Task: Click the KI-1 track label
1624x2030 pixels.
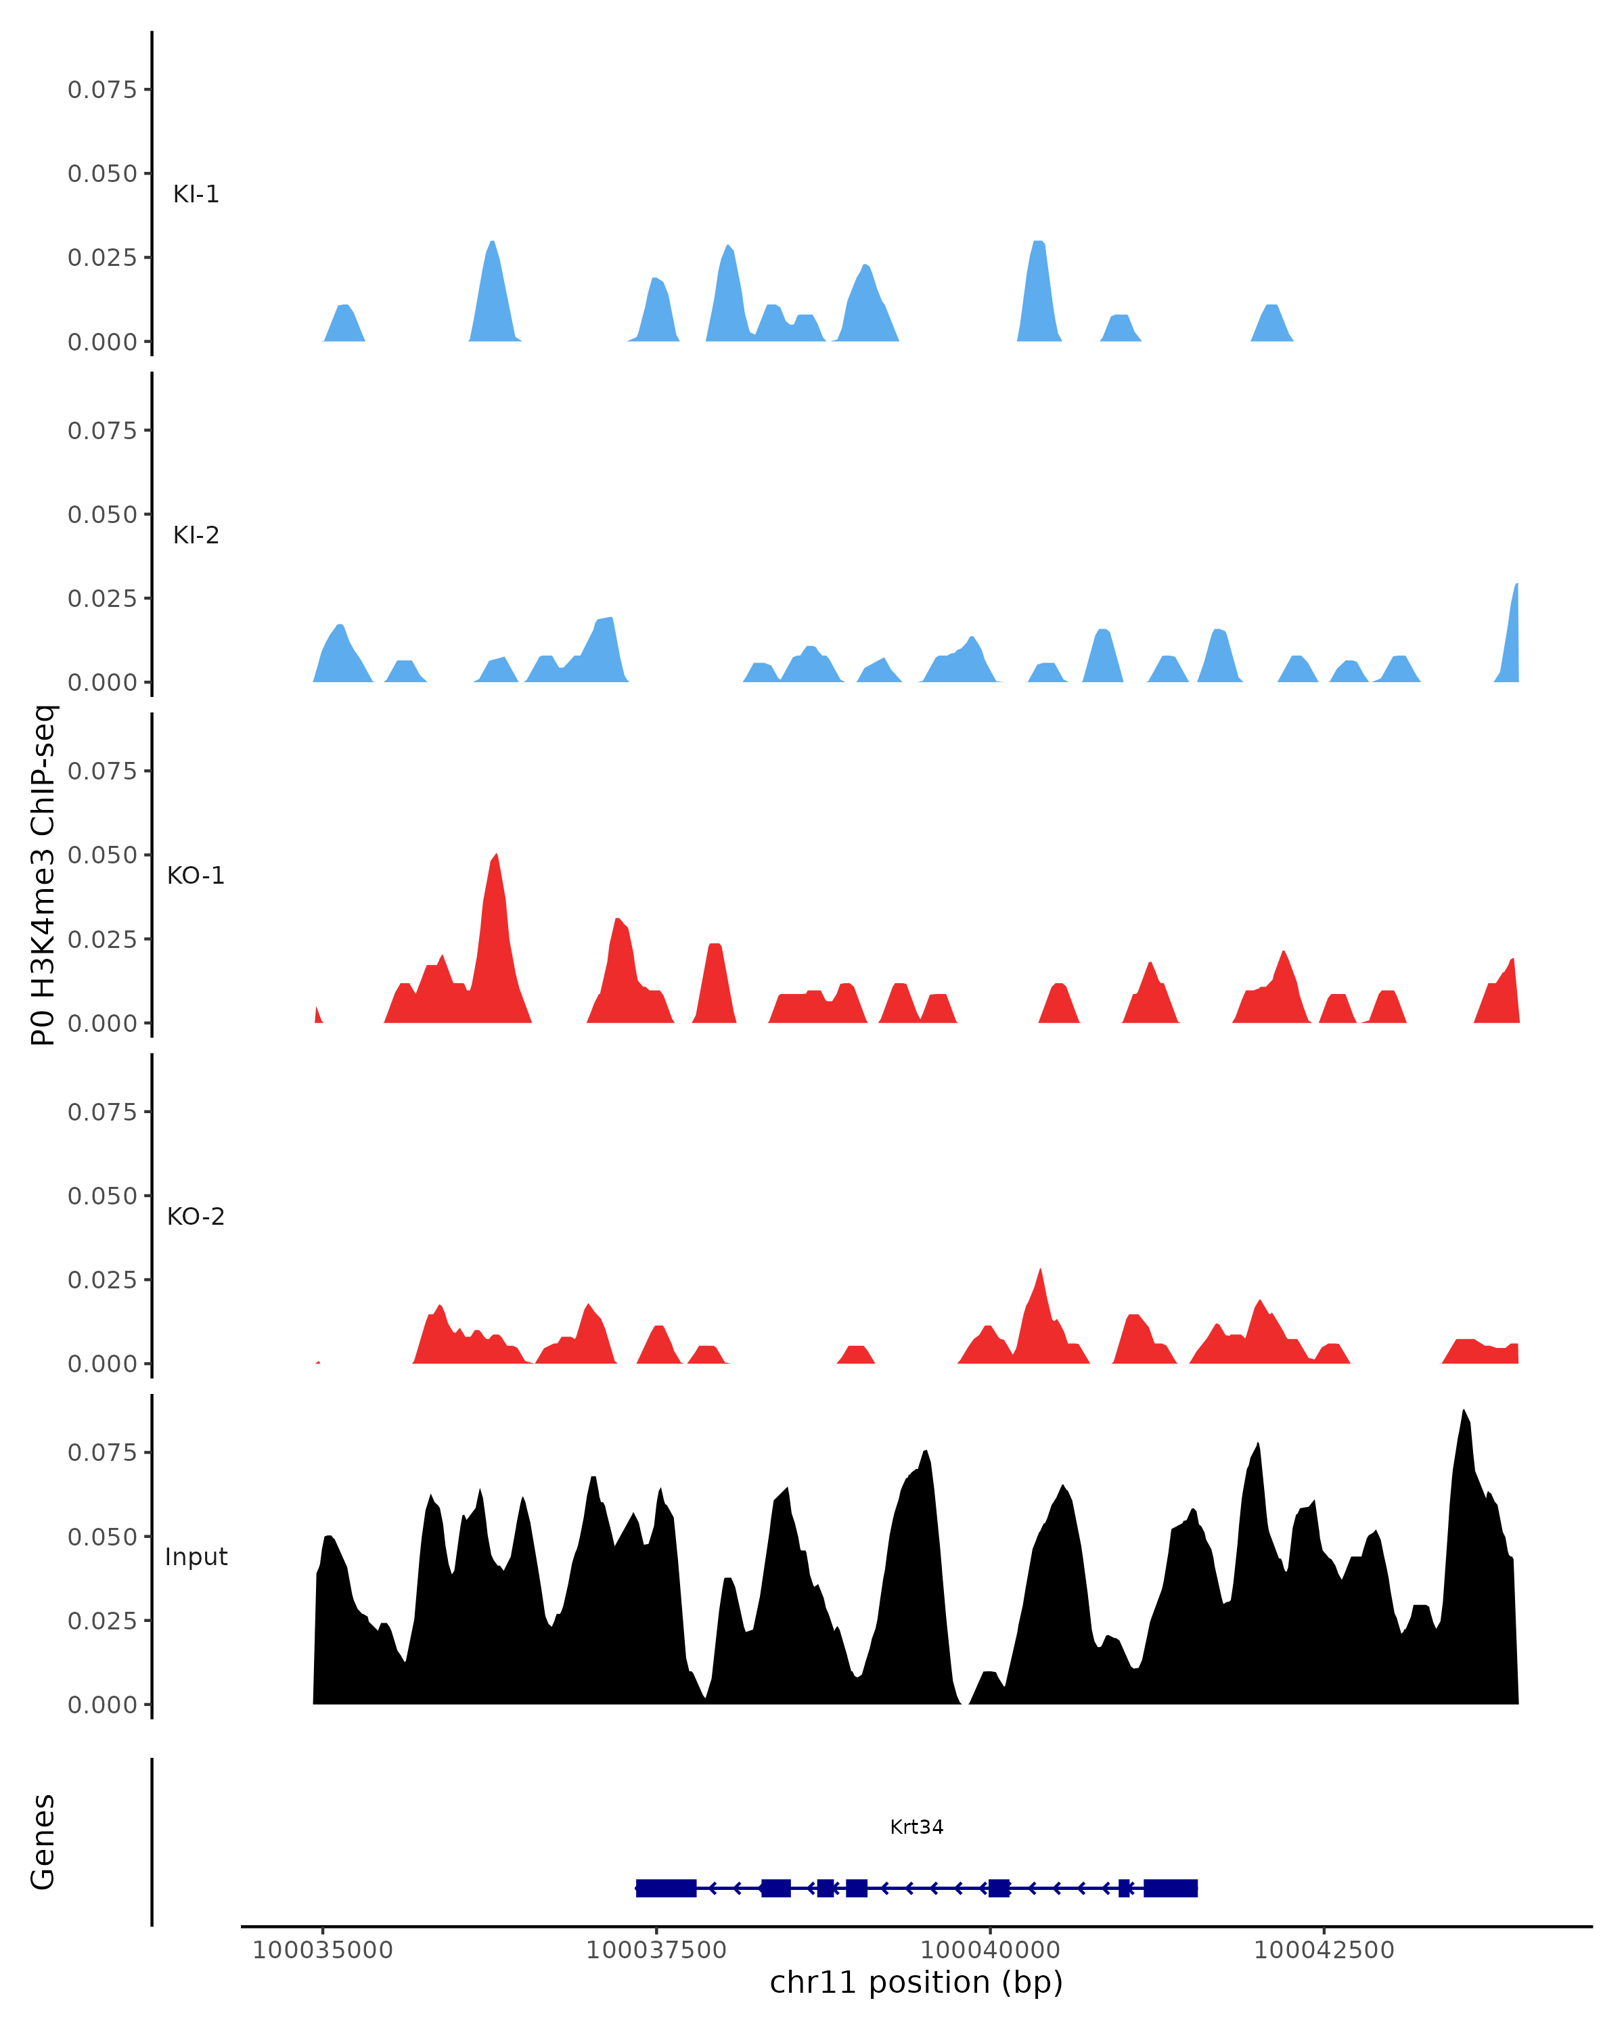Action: click(196, 194)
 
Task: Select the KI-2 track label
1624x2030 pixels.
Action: click(196, 535)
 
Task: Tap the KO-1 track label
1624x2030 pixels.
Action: click(196, 876)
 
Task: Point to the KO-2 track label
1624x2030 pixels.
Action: click(196, 1217)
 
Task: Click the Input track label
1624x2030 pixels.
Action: click(196, 1557)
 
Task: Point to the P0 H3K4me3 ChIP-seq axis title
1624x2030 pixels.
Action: click(43, 876)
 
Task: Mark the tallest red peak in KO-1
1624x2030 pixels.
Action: click(496, 857)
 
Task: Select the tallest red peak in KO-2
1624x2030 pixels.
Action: click(1039, 1271)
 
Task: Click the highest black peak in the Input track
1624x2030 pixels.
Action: click(1463, 1412)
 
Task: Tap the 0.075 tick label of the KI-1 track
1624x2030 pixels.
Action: click(101, 89)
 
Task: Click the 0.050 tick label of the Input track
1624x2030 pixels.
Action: click(101, 1537)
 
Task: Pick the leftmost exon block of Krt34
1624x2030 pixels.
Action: click(666, 1888)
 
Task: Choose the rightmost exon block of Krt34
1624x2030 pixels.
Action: click(1170, 1888)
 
